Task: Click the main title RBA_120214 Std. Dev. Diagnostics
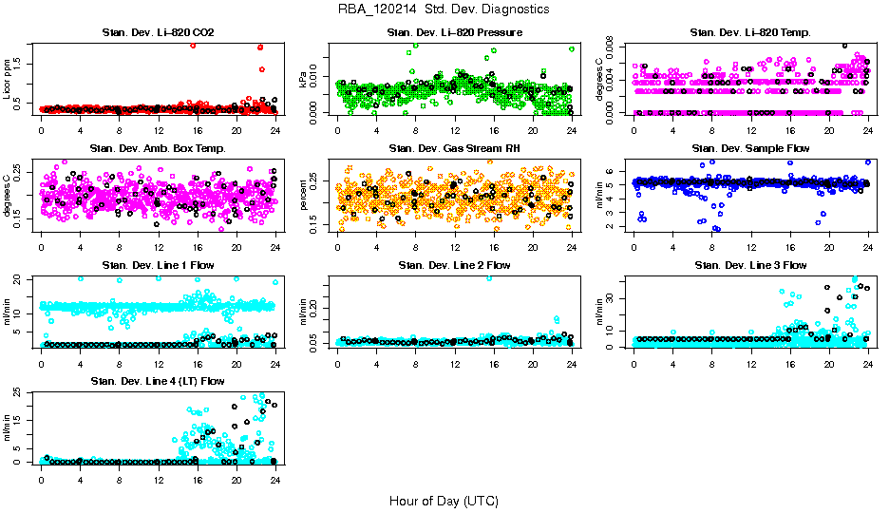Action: pos(443,9)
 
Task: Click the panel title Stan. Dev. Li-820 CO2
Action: pos(158,33)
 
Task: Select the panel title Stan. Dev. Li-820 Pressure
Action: pos(454,33)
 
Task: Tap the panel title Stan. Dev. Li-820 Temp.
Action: pos(750,33)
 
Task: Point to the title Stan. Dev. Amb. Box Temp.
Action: pos(158,149)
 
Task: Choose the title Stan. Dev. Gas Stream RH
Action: pos(454,149)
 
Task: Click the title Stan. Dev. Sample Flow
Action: pos(750,149)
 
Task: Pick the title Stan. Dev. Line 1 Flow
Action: pos(158,265)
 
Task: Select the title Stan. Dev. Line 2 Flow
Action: pos(454,265)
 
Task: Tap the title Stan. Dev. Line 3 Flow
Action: pos(750,265)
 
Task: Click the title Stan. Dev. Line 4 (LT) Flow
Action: pos(158,381)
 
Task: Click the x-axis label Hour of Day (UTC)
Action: pos(443,501)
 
